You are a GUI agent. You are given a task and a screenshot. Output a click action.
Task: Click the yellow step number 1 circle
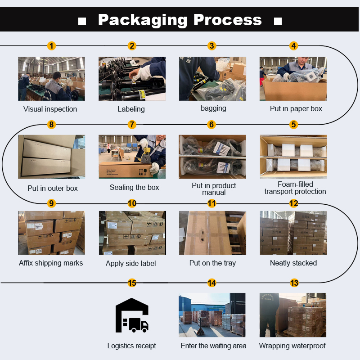(51, 46)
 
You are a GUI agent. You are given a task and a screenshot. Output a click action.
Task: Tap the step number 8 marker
(51, 125)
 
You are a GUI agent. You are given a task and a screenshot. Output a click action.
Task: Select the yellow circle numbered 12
(294, 203)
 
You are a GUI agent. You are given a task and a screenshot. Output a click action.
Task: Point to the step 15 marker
(132, 283)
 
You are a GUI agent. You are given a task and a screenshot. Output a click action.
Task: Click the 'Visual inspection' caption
(50, 109)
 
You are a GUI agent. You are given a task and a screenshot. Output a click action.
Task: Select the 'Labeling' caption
(131, 109)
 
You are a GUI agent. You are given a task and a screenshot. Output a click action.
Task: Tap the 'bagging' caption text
(213, 108)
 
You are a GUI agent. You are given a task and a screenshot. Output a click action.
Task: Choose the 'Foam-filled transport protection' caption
(295, 188)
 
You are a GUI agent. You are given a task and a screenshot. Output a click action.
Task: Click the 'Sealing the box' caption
(134, 187)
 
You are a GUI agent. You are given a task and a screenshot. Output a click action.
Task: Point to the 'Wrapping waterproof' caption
(292, 346)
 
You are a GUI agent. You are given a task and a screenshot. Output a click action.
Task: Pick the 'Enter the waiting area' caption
(213, 346)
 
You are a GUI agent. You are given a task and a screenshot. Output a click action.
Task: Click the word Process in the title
(228, 20)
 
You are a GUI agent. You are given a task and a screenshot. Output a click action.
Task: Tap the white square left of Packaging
(82, 21)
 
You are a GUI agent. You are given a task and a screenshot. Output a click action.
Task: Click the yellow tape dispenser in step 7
(146, 155)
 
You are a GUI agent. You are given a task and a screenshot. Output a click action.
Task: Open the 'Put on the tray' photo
(212, 233)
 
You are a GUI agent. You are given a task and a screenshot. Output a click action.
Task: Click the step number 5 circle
(294, 125)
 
